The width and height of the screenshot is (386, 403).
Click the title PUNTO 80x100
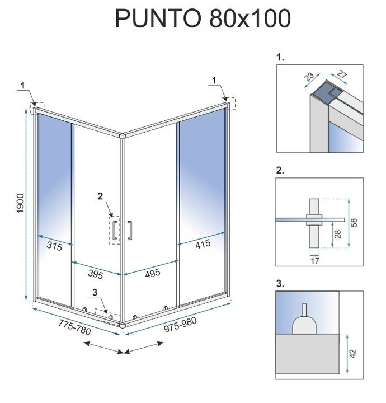203,19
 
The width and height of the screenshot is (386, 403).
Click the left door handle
114,231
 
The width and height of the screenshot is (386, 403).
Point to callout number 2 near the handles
100,196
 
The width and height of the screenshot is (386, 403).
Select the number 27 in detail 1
343,75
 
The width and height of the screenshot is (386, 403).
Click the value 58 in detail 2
354,222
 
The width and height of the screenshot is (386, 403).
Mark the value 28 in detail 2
336,233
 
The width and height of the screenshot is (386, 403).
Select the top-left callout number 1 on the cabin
22,85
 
